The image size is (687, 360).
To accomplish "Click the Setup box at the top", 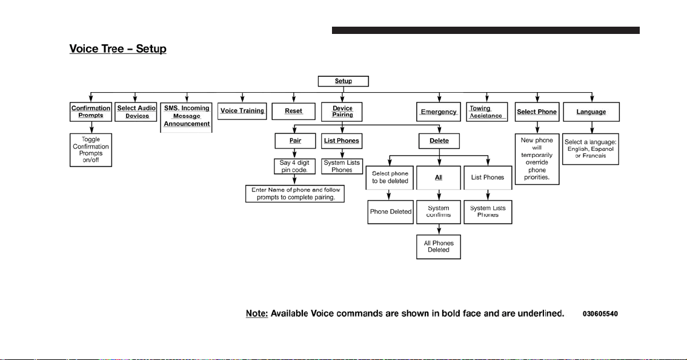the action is [x=343, y=81].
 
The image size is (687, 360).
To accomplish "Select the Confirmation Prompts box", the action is [x=91, y=112].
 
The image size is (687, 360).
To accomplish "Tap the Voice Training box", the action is [x=242, y=111].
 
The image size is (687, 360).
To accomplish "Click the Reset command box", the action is [x=294, y=112].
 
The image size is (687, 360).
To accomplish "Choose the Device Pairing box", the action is [x=342, y=112].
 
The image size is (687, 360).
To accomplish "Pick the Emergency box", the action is [x=439, y=112].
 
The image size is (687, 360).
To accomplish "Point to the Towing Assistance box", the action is [x=486, y=112].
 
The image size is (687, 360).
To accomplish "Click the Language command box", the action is [x=591, y=112].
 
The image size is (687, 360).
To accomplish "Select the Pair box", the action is [x=295, y=141].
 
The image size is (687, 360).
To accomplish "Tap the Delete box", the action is [x=439, y=141].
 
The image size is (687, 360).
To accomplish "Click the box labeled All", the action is [x=439, y=178].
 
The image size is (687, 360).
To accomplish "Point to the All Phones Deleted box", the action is [x=439, y=247].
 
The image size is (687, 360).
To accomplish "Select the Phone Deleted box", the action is [x=390, y=212].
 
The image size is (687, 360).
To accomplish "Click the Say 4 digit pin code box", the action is [x=294, y=166].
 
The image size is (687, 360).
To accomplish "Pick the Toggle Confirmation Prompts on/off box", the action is [x=91, y=150].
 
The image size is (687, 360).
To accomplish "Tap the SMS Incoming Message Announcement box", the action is [x=186, y=117].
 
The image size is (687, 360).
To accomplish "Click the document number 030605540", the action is [x=600, y=314].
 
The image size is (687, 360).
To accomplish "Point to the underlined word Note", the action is [x=257, y=313].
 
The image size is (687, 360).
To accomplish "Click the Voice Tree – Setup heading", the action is [x=118, y=48].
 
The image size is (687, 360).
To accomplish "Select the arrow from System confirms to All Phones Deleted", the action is [x=439, y=229].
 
